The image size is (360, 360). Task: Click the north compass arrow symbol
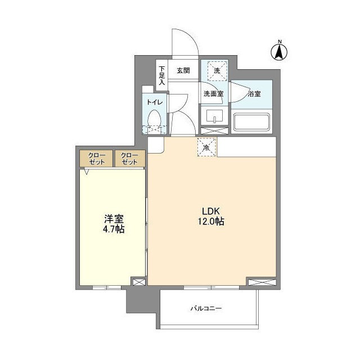pyautogui.click(x=278, y=52)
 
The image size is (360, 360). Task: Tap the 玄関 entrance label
pyautogui.click(x=183, y=70)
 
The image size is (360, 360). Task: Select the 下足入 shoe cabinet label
pyautogui.click(x=161, y=74)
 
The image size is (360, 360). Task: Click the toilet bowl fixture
pyautogui.click(x=155, y=119)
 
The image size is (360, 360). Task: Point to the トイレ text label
pyautogui.click(x=155, y=102)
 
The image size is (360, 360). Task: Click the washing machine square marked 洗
pyautogui.click(x=217, y=71)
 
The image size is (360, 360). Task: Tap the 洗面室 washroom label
pyautogui.click(x=213, y=94)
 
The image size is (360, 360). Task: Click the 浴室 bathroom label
pyautogui.click(x=254, y=94)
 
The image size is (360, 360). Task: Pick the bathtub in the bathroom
pyautogui.click(x=252, y=123)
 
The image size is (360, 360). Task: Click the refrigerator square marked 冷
pyautogui.click(x=206, y=147)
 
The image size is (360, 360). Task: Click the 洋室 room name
pyautogui.click(x=113, y=219)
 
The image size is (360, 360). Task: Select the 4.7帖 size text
pyautogui.click(x=113, y=229)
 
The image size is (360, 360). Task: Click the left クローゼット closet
pyautogui.click(x=96, y=159)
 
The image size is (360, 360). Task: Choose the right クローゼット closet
pyautogui.click(x=130, y=159)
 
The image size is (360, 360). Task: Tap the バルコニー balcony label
pyautogui.click(x=206, y=309)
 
